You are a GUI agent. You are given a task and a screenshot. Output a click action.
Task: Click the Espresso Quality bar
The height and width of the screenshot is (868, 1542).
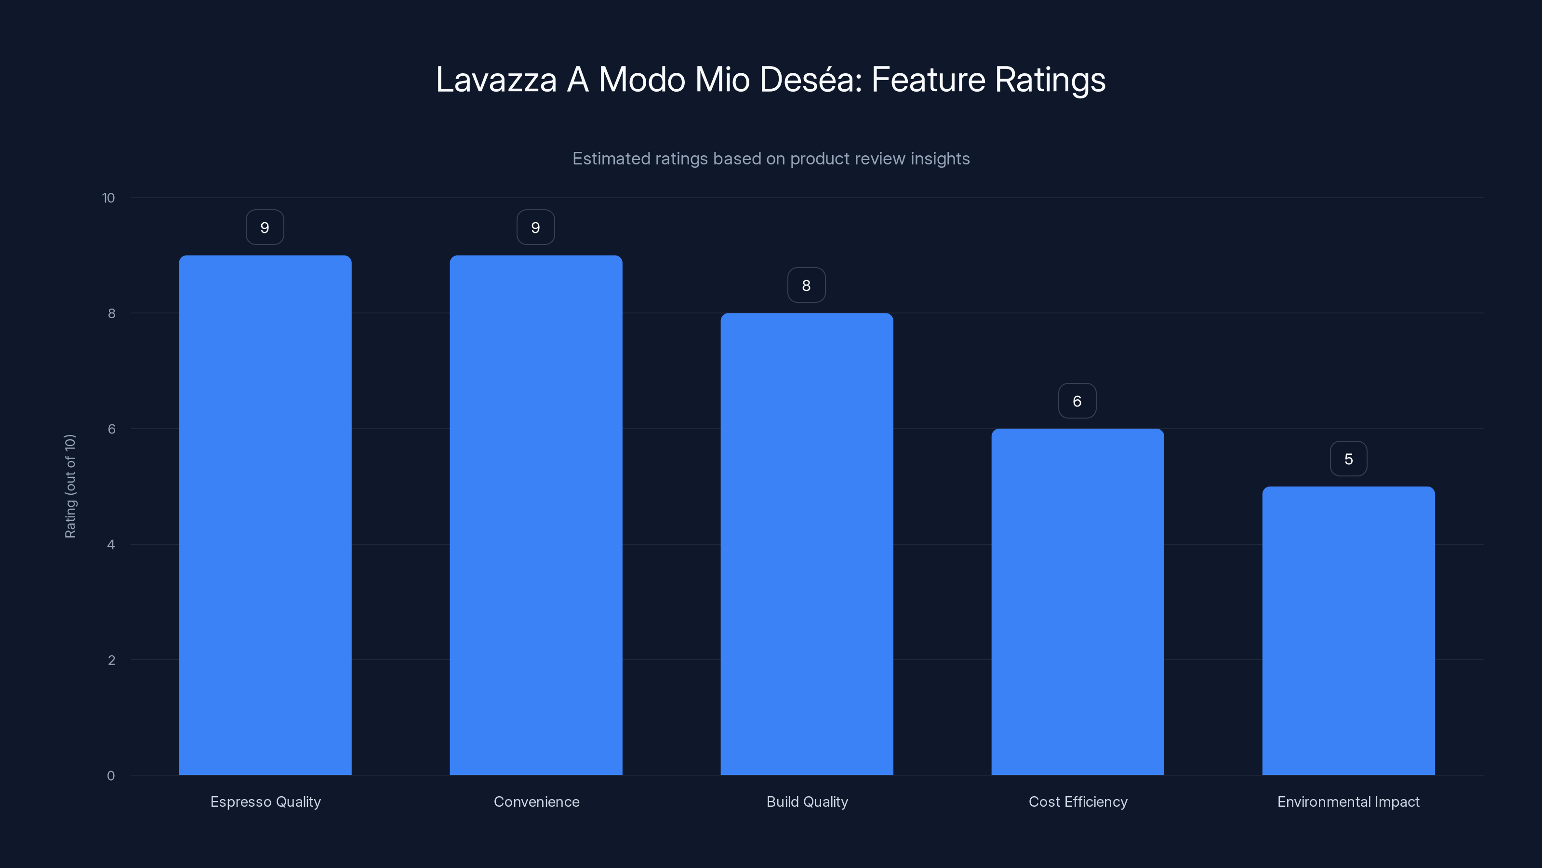pyautogui.click(x=265, y=515)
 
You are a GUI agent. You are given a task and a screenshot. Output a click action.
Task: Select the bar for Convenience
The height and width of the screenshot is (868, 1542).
pyautogui.click(x=536, y=515)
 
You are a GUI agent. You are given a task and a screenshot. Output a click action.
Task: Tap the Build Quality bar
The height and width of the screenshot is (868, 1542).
pyautogui.click(x=806, y=544)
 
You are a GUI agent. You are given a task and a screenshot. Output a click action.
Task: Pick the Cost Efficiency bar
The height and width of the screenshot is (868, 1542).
pyautogui.click(x=1077, y=601)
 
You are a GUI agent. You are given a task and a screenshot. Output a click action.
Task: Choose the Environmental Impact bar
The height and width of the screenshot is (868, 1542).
pyautogui.click(x=1348, y=630)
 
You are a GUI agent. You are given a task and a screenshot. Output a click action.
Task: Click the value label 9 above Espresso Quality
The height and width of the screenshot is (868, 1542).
pyautogui.click(x=265, y=228)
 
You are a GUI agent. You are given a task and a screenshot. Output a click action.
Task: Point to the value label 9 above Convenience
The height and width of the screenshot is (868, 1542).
pyautogui.click(x=536, y=228)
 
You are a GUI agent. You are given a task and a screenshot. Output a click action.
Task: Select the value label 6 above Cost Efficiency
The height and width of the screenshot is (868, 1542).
pyautogui.click(x=1077, y=401)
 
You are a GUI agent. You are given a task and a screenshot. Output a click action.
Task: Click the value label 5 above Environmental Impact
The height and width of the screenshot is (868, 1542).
pyautogui.click(x=1348, y=459)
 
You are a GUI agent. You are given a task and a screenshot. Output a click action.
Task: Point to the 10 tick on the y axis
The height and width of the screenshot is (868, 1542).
pyautogui.click(x=108, y=198)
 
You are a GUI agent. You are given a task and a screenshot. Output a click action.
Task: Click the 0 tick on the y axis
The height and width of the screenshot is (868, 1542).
pyautogui.click(x=111, y=776)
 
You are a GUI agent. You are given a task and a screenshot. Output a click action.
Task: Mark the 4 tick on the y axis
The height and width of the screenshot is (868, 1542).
pyautogui.click(x=111, y=544)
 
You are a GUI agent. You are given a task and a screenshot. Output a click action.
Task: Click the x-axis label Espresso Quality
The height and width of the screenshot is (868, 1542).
pyautogui.click(x=265, y=801)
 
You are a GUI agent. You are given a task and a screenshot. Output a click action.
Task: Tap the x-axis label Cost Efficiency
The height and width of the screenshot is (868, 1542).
pyautogui.click(x=1077, y=801)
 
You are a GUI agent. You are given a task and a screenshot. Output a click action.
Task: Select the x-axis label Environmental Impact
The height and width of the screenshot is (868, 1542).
pyautogui.click(x=1348, y=801)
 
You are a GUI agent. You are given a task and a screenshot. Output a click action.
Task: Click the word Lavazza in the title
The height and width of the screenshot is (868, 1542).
pyautogui.click(x=496, y=80)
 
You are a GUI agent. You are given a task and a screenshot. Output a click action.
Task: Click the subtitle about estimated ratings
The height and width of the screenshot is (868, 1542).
pyautogui.click(x=771, y=159)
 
